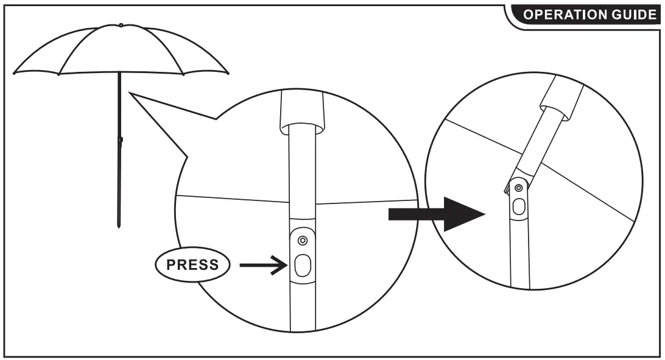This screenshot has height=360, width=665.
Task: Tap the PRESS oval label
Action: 192,265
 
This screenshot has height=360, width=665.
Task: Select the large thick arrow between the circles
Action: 435,213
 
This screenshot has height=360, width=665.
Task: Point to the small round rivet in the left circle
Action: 303,240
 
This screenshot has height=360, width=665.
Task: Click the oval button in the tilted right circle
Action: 518,206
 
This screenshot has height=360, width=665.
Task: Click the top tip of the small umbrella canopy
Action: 121,26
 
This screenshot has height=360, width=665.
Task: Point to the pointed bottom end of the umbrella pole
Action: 119,227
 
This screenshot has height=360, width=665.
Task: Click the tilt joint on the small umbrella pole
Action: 121,140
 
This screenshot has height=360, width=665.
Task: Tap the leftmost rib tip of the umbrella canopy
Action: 15,72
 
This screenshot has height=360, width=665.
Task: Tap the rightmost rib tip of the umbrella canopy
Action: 228,73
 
